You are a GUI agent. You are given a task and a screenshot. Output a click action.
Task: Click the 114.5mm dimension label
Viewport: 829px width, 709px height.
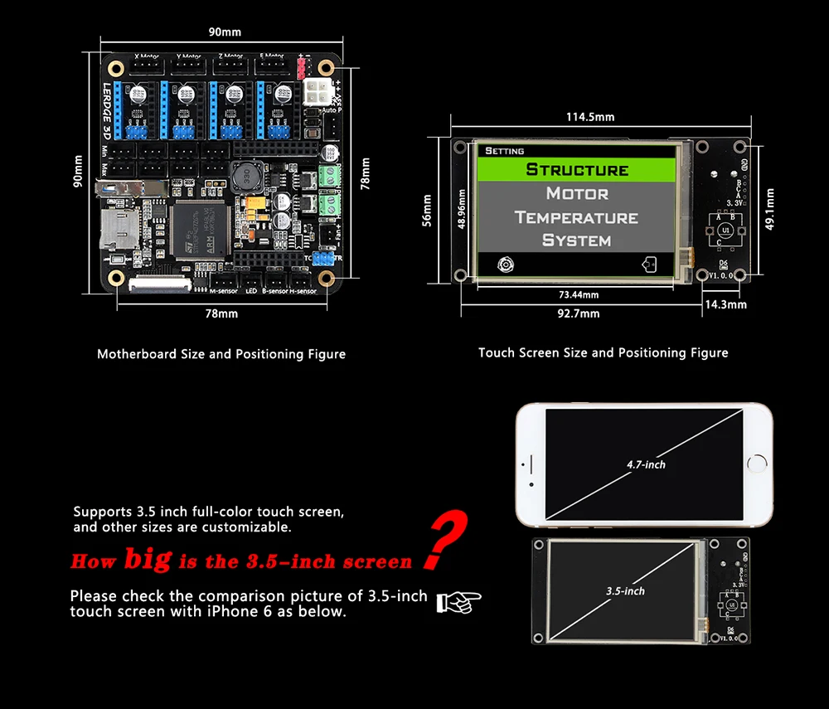tap(590, 117)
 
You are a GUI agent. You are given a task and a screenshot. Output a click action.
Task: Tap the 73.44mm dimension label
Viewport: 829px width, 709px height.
tap(579, 294)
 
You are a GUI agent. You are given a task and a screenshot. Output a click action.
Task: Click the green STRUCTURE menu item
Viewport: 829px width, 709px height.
tap(578, 170)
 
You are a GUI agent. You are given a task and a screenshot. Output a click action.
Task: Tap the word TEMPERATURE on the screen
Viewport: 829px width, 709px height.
tap(577, 217)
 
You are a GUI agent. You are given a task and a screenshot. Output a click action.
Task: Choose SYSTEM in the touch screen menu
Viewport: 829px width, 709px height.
tap(577, 240)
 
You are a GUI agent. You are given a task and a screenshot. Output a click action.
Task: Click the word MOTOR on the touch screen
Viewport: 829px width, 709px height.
tap(577, 193)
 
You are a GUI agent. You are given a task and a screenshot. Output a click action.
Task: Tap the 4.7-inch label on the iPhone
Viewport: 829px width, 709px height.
tap(646, 464)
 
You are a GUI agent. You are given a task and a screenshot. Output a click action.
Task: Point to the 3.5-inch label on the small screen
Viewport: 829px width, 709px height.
tap(625, 590)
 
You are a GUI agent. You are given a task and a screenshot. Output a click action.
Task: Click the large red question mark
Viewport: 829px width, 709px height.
tap(446, 540)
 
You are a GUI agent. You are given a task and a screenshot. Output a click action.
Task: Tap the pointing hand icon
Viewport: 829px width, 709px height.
tap(458, 602)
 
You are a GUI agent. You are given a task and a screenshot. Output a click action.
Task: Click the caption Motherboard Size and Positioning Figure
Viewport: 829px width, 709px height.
tap(221, 354)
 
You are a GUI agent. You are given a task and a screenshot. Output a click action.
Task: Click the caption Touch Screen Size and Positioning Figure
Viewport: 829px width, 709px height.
tap(603, 352)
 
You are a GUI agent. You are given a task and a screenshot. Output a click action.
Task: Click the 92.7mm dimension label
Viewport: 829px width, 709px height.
tap(579, 314)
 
